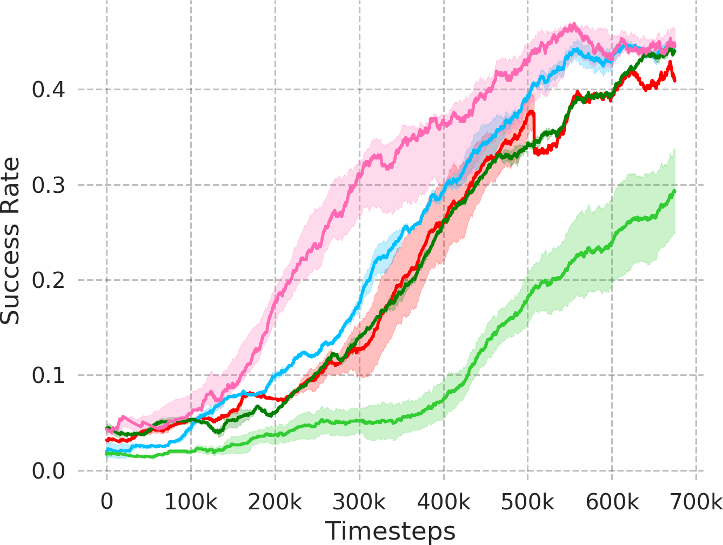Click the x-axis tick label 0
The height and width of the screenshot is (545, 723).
pyautogui.click(x=107, y=502)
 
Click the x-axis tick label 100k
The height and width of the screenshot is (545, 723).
pyautogui.click(x=191, y=502)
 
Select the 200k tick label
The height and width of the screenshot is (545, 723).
pyautogui.click(x=275, y=502)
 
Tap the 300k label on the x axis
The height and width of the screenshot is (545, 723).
pyautogui.click(x=359, y=502)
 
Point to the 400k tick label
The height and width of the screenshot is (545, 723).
pyautogui.click(x=444, y=502)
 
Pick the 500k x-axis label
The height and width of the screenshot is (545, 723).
pyautogui.click(x=528, y=502)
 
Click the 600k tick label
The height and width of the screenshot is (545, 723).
pyautogui.click(x=612, y=502)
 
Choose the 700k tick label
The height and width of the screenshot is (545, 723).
pyautogui.click(x=696, y=502)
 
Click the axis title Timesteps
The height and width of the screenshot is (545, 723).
pyautogui.click(x=390, y=531)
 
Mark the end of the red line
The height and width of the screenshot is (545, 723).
pyautogui.click(x=674, y=80)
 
